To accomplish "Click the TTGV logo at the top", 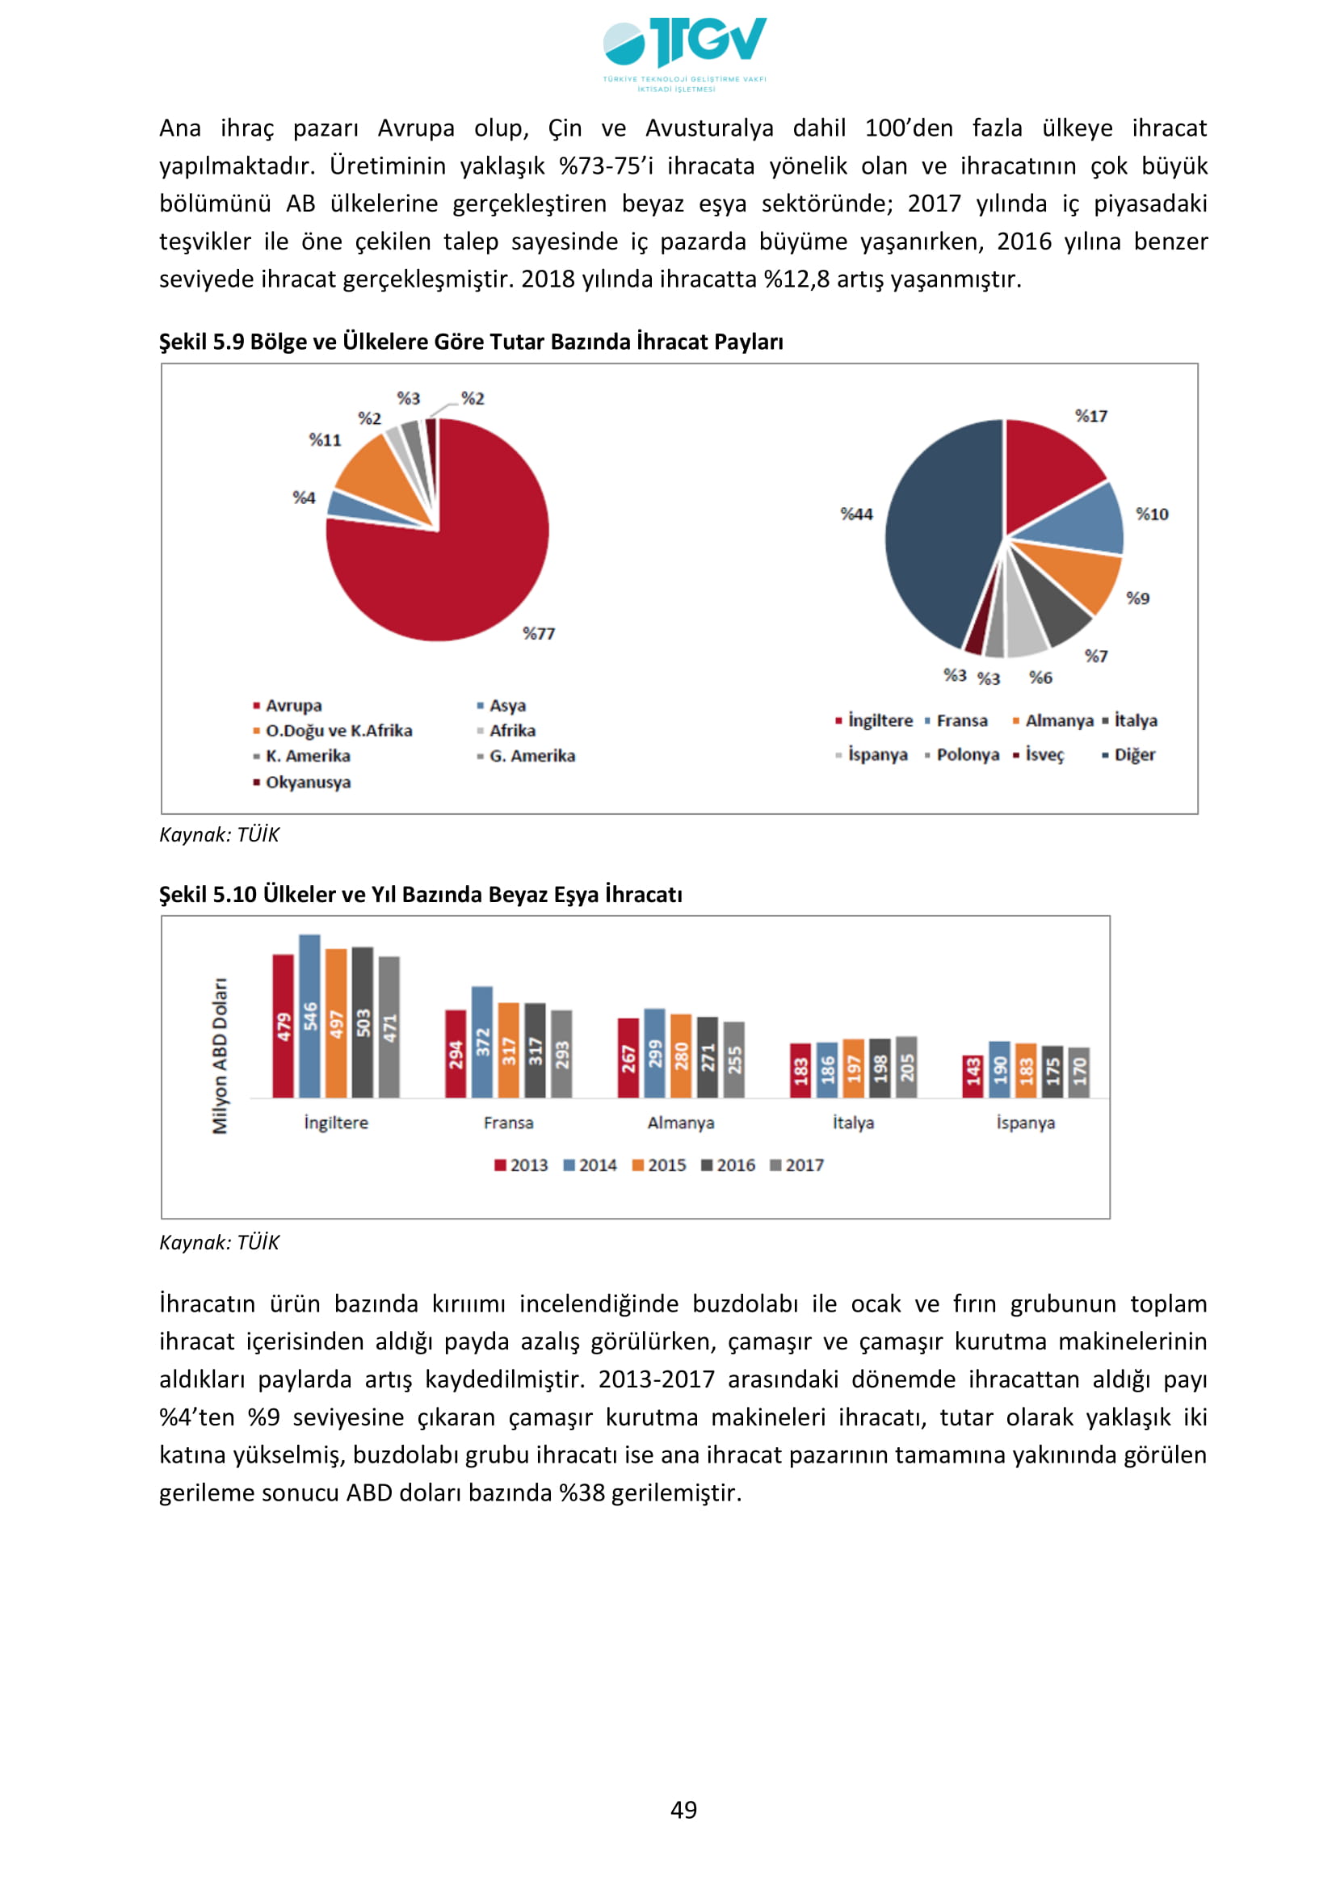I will click(x=683, y=51).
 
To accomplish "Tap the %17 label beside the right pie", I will click(x=1090, y=416).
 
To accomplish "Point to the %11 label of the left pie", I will click(x=325, y=440).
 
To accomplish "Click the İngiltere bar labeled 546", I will click(x=309, y=1015).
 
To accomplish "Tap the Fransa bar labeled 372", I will click(x=482, y=1042).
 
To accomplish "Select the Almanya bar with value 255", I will click(x=733, y=1059).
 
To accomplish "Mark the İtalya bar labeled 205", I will click(x=905, y=1066).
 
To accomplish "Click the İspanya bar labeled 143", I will click(x=973, y=1075).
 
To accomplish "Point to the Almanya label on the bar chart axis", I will click(x=680, y=1123).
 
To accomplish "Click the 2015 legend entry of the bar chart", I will click(x=659, y=1165).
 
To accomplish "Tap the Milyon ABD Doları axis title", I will click(x=220, y=1056).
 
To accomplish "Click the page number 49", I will click(x=683, y=1809).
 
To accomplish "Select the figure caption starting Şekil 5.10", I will click(x=420, y=894).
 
